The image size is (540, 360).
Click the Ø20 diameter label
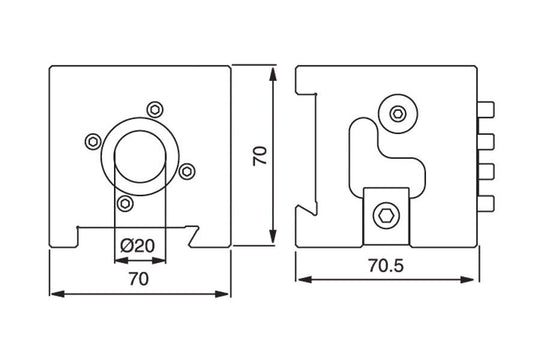click(x=137, y=246)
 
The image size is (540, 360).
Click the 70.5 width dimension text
click(x=386, y=266)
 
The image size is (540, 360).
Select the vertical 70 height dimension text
click(x=260, y=156)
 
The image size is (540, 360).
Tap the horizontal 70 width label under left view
click(x=139, y=279)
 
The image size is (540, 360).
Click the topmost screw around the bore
click(x=155, y=110)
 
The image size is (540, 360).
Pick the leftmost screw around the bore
click(x=93, y=141)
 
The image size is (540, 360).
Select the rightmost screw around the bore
click(x=187, y=171)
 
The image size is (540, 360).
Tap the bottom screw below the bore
click(x=125, y=203)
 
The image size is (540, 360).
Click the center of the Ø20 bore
click(x=140, y=157)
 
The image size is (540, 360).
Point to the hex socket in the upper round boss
click(x=398, y=113)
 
